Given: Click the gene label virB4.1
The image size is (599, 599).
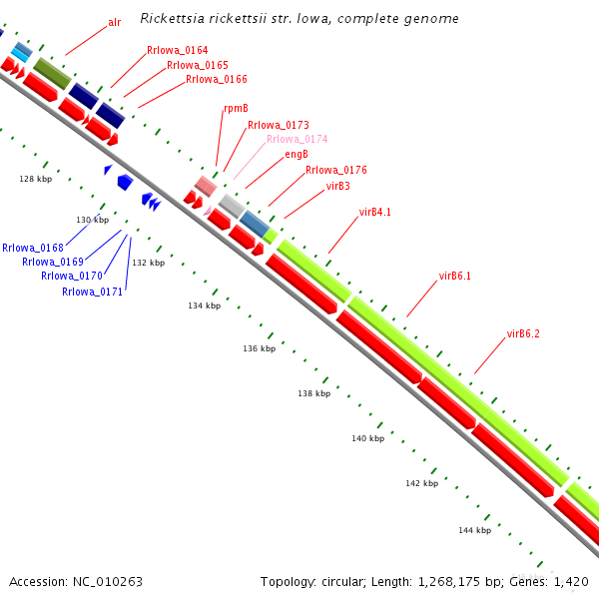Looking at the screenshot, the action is click(374, 212).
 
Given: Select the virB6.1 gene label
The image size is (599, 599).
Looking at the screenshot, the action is click(454, 276).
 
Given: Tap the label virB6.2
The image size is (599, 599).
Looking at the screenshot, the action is click(523, 333).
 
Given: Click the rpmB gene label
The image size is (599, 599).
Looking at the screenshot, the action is click(235, 110).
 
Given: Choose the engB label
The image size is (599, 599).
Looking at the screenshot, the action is click(297, 155).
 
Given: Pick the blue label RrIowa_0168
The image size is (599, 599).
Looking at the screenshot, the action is click(33, 248).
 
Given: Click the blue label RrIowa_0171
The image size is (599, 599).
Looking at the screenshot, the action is click(93, 292).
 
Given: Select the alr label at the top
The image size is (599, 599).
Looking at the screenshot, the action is click(114, 22).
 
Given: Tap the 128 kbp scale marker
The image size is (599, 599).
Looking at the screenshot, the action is click(35, 179).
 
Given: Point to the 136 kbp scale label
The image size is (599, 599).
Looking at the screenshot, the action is click(259, 348).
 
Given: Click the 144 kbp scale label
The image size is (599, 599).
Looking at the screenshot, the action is click(474, 530).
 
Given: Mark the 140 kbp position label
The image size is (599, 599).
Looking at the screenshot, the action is click(367, 438).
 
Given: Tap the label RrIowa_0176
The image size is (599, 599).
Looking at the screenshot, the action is click(336, 170).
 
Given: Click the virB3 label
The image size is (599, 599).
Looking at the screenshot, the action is click(338, 186).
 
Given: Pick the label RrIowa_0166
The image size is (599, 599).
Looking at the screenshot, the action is click(217, 79).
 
